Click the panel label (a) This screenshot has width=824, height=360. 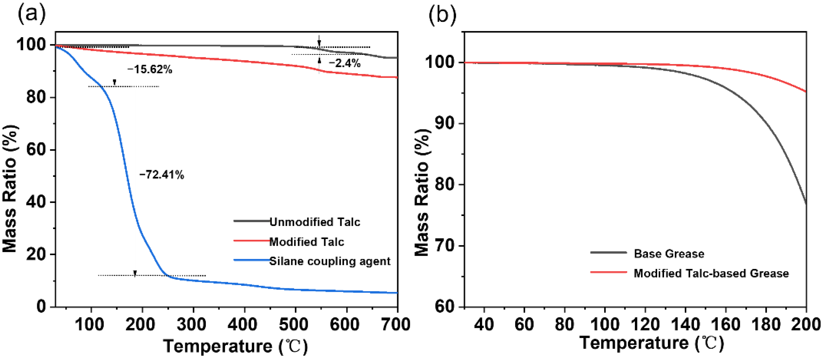tap(31, 14)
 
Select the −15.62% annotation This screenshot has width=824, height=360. tap(149, 69)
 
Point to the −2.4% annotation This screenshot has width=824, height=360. tap(344, 63)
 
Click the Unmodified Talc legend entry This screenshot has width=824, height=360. tap(314, 222)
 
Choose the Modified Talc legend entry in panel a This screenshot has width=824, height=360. tap(307, 242)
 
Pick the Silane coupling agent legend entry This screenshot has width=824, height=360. tap(330, 261)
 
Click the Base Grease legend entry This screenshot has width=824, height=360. tap(669, 253)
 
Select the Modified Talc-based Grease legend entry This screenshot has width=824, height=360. tap(711, 273)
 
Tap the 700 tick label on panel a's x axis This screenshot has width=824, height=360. tap(396, 324)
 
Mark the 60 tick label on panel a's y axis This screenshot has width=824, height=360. tap(36, 149)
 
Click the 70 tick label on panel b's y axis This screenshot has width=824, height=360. tap(445, 245)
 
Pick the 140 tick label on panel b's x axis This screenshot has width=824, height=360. tap(685, 324)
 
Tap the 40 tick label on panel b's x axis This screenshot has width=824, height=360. tap(484, 324)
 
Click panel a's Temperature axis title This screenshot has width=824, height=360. tap(235, 346)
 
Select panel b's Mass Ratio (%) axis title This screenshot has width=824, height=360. tap(422, 192)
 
